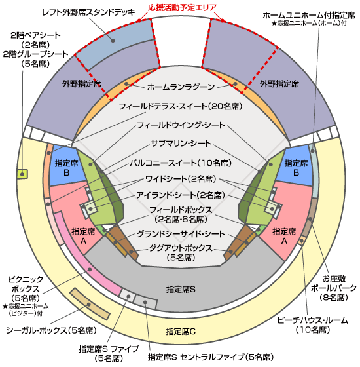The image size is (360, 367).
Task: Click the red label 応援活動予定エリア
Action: (x=183, y=8)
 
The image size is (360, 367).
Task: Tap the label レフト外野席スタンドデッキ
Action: (x=88, y=12)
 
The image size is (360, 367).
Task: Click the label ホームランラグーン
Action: (x=181, y=87)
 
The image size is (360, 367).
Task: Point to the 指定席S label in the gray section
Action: (x=181, y=290)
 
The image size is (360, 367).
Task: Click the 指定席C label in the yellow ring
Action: (x=181, y=332)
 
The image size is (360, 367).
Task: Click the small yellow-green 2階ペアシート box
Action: (x=22, y=174)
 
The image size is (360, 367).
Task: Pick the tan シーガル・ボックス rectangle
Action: (x=90, y=303)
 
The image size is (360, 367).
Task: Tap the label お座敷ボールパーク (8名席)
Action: (x=333, y=288)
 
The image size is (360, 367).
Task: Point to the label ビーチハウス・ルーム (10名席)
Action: (x=313, y=325)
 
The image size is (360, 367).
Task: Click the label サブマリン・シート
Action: (x=181, y=143)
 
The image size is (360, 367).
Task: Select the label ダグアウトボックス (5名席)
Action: (x=181, y=252)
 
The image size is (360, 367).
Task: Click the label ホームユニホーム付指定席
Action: (x=309, y=15)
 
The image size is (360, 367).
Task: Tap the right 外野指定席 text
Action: (x=279, y=84)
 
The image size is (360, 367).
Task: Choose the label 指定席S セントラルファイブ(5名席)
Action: (x=211, y=357)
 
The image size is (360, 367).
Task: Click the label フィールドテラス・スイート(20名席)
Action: (x=181, y=106)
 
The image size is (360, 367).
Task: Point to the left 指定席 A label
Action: (x=83, y=236)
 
